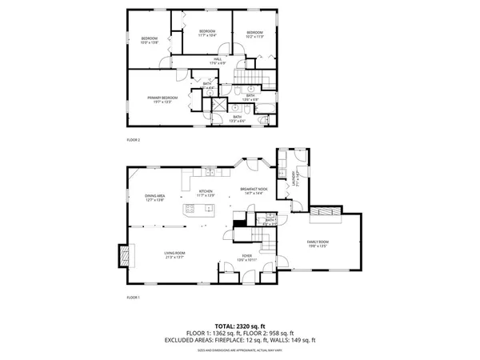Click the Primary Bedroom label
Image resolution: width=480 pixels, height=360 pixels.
pos(160,99)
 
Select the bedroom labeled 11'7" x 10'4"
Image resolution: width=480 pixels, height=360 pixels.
pos(207,34)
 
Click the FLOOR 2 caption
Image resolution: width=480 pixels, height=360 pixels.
pos(133,139)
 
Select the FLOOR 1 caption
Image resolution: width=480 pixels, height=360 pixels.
pos(133,297)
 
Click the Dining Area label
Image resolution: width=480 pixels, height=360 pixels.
pos(154,198)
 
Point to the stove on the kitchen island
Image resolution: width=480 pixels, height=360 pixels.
pos(190,210)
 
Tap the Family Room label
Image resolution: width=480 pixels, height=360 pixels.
pos(318,243)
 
